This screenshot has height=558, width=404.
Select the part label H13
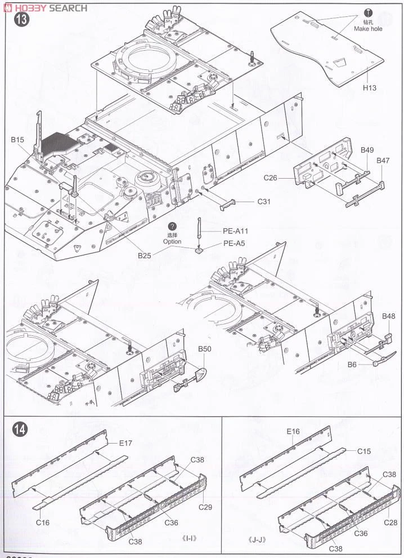[x=369, y=88]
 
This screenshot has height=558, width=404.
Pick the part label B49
[x=367, y=150]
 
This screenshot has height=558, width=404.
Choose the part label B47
[x=383, y=161]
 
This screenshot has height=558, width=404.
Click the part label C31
[x=265, y=202]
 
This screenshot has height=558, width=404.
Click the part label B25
[x=145, y=255]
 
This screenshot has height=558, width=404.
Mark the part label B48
[x=388, y=316]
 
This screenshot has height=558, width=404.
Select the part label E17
[x=125, y=443]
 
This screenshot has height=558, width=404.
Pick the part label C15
[x=364, y=451]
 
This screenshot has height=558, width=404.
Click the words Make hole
[x=368, y=29]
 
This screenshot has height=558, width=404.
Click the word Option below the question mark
[x=172, y=241]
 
